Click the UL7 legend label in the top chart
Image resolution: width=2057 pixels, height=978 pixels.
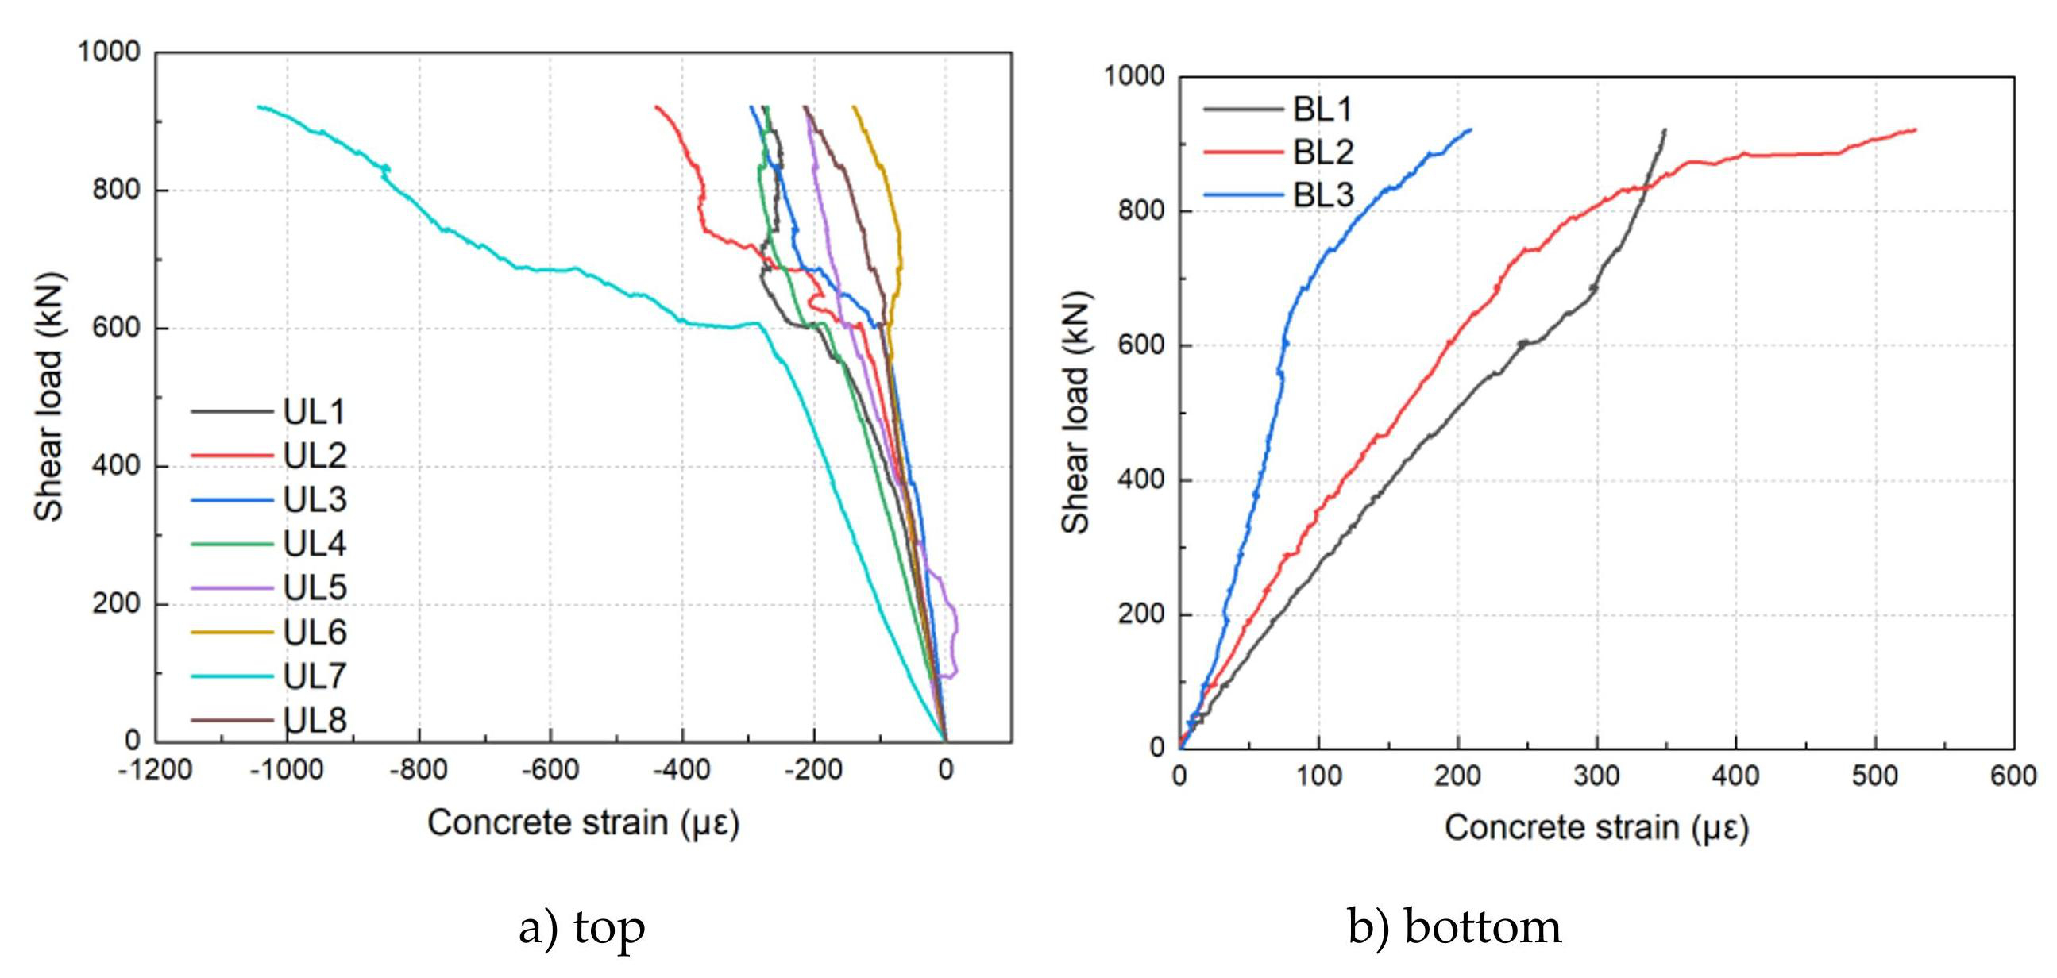click(x=315, y=676)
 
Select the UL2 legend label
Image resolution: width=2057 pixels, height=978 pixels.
click(x=315, y=455)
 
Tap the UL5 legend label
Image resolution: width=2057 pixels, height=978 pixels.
click(x=315, y=587)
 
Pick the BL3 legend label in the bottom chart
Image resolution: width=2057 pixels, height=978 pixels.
click(x=1323, y=194)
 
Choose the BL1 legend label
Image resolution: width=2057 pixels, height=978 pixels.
click(x=1323, y=109)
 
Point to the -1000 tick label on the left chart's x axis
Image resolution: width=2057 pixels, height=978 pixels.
click(x=287, y=771)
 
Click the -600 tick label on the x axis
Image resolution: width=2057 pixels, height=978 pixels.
click(x=550, y=771)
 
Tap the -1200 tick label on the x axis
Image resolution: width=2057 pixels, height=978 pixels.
click(x=155, y=771)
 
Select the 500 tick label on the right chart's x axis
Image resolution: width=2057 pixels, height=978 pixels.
click(x=1874, y=776)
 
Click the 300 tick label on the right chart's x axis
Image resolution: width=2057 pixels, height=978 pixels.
click(x=1596, y=776)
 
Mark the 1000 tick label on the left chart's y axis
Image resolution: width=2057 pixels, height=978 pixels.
click(x=109, y=52)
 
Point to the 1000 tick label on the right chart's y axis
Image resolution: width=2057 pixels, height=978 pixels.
click(x=1134, y=76)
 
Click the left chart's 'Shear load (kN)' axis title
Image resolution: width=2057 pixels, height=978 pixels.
click(x=49, y=398)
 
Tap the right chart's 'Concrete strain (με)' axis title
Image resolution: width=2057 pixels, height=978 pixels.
click(x=1596, y=828)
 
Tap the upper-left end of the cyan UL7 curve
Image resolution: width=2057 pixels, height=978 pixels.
click(x=258, y=106)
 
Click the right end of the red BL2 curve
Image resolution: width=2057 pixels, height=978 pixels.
click(x=1916, y=130)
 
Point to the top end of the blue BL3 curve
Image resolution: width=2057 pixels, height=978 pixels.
click(x=1471, y=129)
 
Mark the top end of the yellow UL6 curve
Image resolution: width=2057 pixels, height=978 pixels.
click(x=854, y=106)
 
